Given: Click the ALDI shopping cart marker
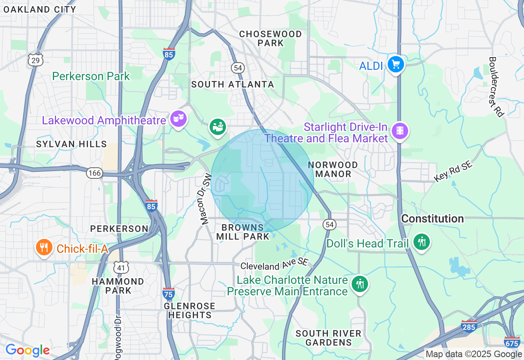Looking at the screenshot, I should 395,64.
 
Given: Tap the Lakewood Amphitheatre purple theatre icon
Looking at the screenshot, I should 178,119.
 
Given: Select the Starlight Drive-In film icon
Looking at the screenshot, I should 400,131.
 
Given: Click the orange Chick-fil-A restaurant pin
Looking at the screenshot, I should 43,247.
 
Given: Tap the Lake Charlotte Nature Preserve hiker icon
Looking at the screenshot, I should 360,283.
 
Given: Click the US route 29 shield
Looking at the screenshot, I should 36,60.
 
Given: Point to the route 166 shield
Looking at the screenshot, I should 94,173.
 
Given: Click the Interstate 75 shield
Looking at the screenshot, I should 168,293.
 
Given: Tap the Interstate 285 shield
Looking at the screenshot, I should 468,326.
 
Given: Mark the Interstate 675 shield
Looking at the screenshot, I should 512,342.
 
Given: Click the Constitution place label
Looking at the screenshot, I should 432,219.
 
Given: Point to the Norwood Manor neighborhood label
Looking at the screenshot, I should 333,169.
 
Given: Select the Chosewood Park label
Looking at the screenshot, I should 271,38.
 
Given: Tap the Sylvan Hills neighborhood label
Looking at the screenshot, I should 71,144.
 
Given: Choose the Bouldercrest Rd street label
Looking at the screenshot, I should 495,87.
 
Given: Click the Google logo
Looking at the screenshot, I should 27,350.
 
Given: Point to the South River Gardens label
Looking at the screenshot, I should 328,338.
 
